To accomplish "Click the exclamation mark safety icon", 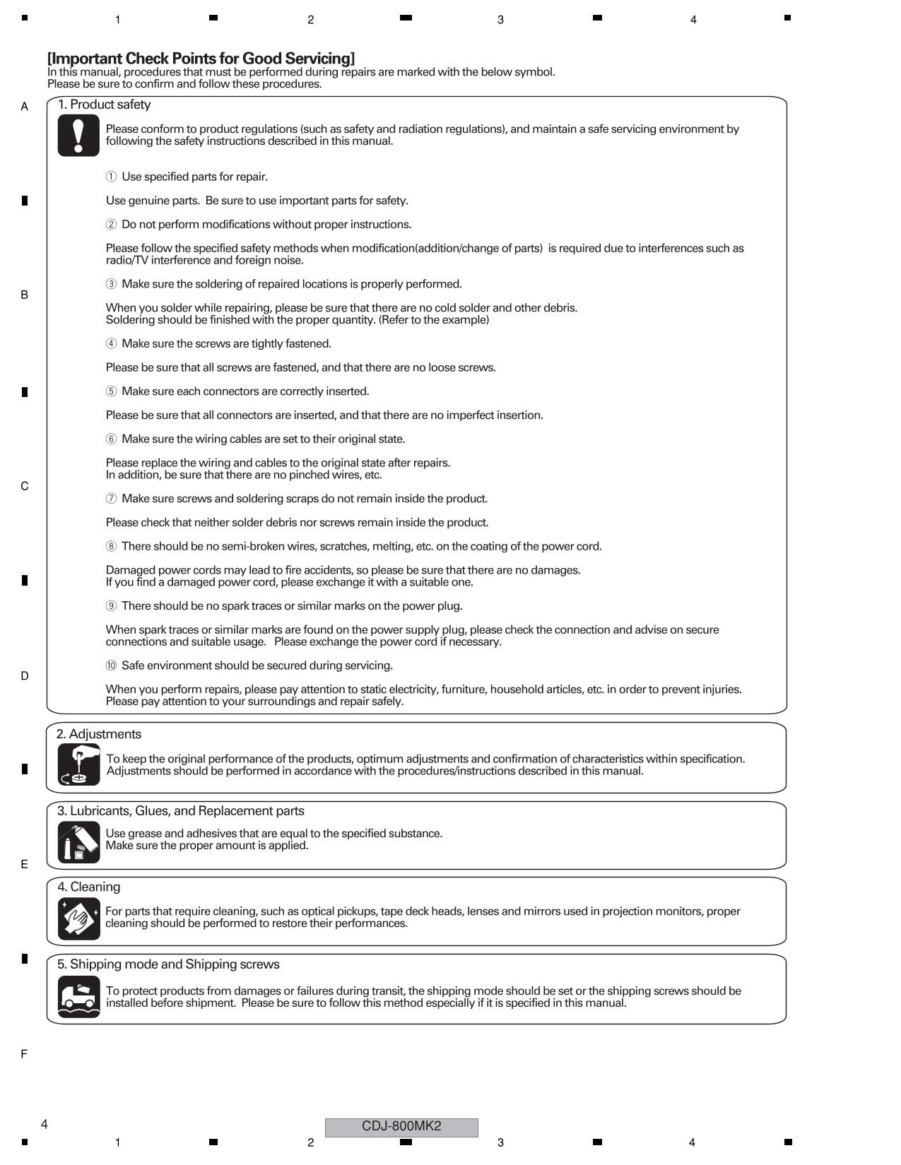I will click(78, 136).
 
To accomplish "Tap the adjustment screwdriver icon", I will click(78, 764).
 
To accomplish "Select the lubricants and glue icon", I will click(78, 842).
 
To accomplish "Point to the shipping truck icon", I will click(78, 997).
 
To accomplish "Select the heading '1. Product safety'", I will click(104, 105).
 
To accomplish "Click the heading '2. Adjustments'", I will click(99, 735).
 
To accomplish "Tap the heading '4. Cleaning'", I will click(89, 887).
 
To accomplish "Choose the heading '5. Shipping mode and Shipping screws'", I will click(168, 965).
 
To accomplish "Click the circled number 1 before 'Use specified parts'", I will click(111, 177).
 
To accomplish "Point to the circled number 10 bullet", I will click(111, 666).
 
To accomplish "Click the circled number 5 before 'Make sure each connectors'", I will click(111, 391).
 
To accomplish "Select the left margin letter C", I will click(25, 486).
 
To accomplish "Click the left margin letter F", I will click(24, 1054).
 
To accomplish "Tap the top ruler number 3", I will click(500, 20).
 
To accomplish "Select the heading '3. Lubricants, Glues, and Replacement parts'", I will click(181, 811).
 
